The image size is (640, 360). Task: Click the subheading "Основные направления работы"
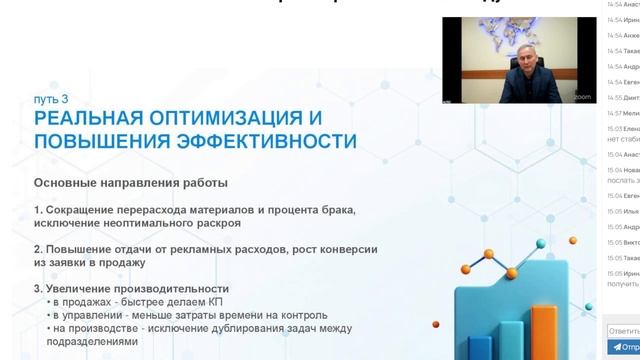tap(130, 183)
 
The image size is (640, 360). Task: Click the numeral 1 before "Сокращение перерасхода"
tap(37, 210)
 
